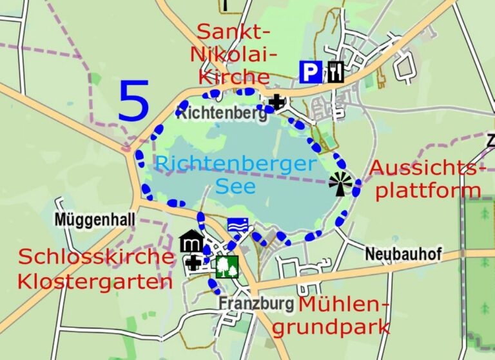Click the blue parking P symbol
point(309,72)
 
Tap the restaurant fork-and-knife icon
point(333,72)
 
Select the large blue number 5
point(133,101)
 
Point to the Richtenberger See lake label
point(235,175)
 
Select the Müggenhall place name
point(95,220)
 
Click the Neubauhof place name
point(403,254)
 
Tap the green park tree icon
point(227,266)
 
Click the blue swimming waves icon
point(237,226)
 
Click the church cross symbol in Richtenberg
point(277,102)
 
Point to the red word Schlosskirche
point(96,257)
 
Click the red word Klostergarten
point(96,282)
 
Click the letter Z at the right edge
point(490,139)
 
